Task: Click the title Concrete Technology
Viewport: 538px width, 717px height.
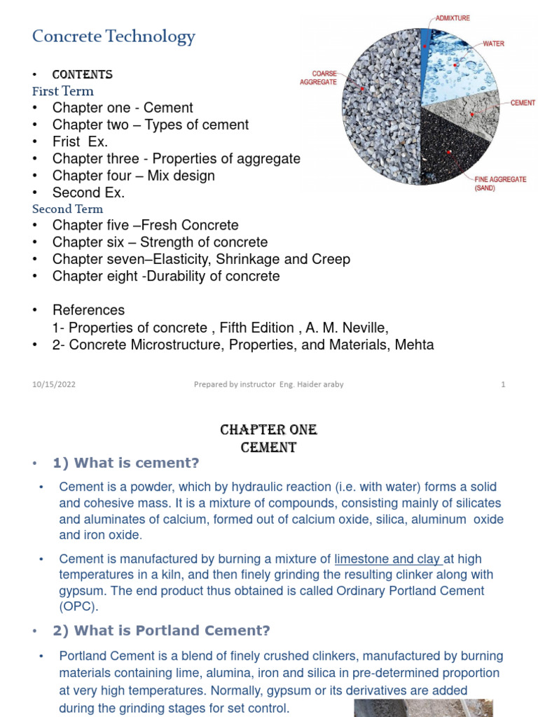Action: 113,37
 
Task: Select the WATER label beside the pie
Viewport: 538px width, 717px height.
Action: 495,43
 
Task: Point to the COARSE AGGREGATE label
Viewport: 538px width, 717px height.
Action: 319,77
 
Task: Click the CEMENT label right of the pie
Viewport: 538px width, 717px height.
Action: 523,103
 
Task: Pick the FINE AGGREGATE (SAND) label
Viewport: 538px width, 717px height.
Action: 500,183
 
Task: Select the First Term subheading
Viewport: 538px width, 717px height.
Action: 63,91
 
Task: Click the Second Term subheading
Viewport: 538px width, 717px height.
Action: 68,209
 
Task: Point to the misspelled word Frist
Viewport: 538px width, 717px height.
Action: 67,141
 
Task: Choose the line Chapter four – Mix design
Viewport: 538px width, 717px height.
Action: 133,176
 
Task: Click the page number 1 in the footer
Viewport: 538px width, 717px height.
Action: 503,384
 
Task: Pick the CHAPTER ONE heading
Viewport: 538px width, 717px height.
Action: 269,429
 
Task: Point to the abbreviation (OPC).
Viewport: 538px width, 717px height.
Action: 79,606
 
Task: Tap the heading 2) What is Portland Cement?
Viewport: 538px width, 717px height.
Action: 161,631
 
